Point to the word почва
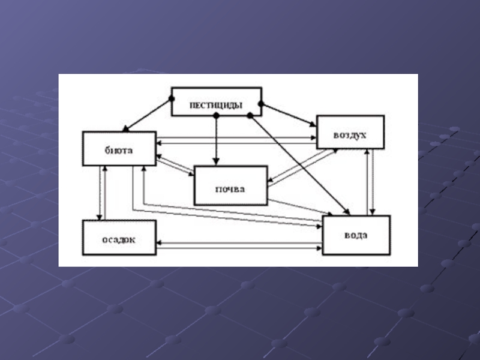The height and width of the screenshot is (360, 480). [x=230, y=189]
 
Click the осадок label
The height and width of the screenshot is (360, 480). [x=119, y=239]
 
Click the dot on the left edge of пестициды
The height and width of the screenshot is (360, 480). [x=172, y=98]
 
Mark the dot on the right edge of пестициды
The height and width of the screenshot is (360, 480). [x=261, y=104]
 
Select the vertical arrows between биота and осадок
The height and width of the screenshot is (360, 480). [x=103, y=193]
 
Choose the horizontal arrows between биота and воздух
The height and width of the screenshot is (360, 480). [x=236, y=141]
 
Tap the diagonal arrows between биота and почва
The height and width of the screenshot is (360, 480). [x=175, y=166]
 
